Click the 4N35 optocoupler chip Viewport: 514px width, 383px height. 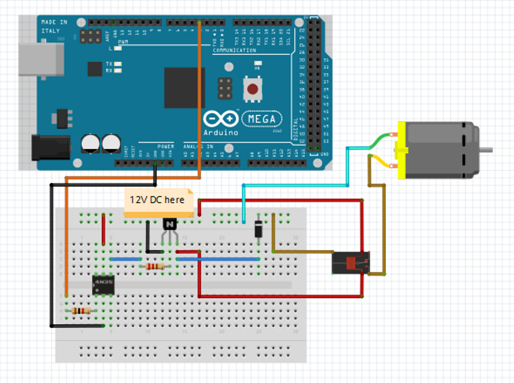coord(103,285)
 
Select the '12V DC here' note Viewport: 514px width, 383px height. coord(158,200)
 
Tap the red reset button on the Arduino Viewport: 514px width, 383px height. coord(252,89)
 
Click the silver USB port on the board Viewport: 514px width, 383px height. coord(41,60)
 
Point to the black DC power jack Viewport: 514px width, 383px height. coord(51,147)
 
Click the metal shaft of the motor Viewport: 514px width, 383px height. coord(486,150)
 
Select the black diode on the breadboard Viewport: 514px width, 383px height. coord(258,229)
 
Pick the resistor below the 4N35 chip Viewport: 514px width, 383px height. coord(81,311)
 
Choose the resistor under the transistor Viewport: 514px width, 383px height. coord(155,266)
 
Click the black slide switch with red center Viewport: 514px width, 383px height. coord(351,263)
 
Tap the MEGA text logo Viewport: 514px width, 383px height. coord(262,119)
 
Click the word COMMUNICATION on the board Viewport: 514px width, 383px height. coord(234,51)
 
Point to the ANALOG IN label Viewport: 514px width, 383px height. coord(198,146)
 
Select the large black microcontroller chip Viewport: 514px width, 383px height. coord(184,87)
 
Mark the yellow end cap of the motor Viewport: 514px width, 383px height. coord(402,150)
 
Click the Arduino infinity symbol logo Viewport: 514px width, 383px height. coord(221,119)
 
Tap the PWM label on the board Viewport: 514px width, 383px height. coord(122,42)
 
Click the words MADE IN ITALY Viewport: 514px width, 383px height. coord(54,27)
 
